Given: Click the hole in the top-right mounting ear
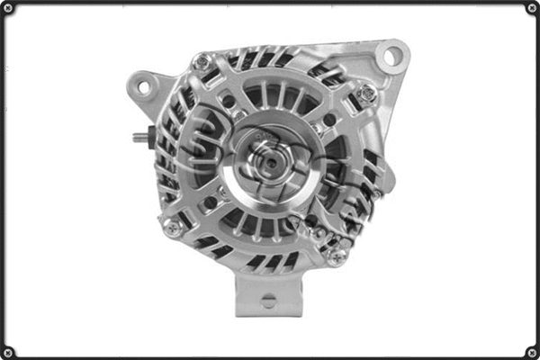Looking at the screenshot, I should pos(391,57).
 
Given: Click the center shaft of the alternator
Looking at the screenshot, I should pos(267,163).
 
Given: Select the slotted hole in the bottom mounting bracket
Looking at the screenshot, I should pos(267,301).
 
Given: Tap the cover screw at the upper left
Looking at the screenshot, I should pos(202,63).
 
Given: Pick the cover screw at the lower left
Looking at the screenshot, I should pos(172,228).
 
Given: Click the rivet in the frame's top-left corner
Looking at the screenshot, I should pos(8,8).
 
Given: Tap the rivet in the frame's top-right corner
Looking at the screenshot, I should pos(531,8).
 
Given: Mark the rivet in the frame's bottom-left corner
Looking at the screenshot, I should pos(8,351).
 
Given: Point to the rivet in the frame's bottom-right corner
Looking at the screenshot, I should pos(531,351).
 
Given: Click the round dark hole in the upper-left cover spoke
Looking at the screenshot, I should pos(228,101).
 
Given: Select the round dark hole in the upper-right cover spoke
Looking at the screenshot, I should pos(328,119).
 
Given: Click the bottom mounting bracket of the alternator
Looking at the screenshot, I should pos(267,292).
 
